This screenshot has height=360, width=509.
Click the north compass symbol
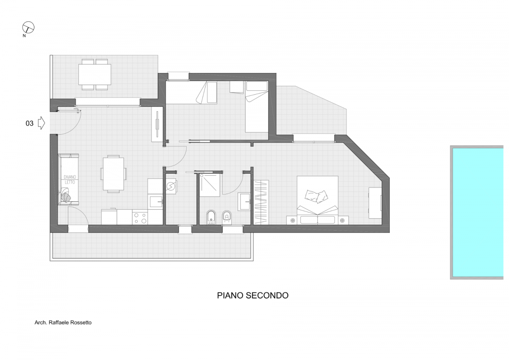click(28, 28)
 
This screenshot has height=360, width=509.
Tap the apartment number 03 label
click(30, 123)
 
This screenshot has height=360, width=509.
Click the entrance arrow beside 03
click(42, 123)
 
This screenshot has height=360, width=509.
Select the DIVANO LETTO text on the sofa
click(70, 180)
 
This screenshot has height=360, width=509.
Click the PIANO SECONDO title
click(253, 295)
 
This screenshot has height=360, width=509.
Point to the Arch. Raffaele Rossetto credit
click(63, 323)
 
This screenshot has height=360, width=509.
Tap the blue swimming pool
click(478, 212)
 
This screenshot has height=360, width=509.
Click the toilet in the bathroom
click(227, 217)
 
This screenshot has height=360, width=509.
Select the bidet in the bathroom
click(211, 217)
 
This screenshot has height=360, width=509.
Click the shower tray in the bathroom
click(210, 185)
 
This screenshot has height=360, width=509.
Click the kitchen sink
click(156, 202)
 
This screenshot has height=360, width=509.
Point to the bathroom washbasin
click(244, 202)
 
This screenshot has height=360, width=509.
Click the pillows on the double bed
click(316, 196)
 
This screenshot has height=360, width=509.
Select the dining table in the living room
click(113, 174)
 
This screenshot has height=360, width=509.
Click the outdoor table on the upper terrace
click(95, 74)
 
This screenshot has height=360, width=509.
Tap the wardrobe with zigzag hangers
click(261, 202)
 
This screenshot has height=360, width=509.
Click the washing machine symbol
click(171, 186)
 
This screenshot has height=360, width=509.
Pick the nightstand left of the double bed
click(292, 220)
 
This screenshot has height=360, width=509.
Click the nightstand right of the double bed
click(343, 220)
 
